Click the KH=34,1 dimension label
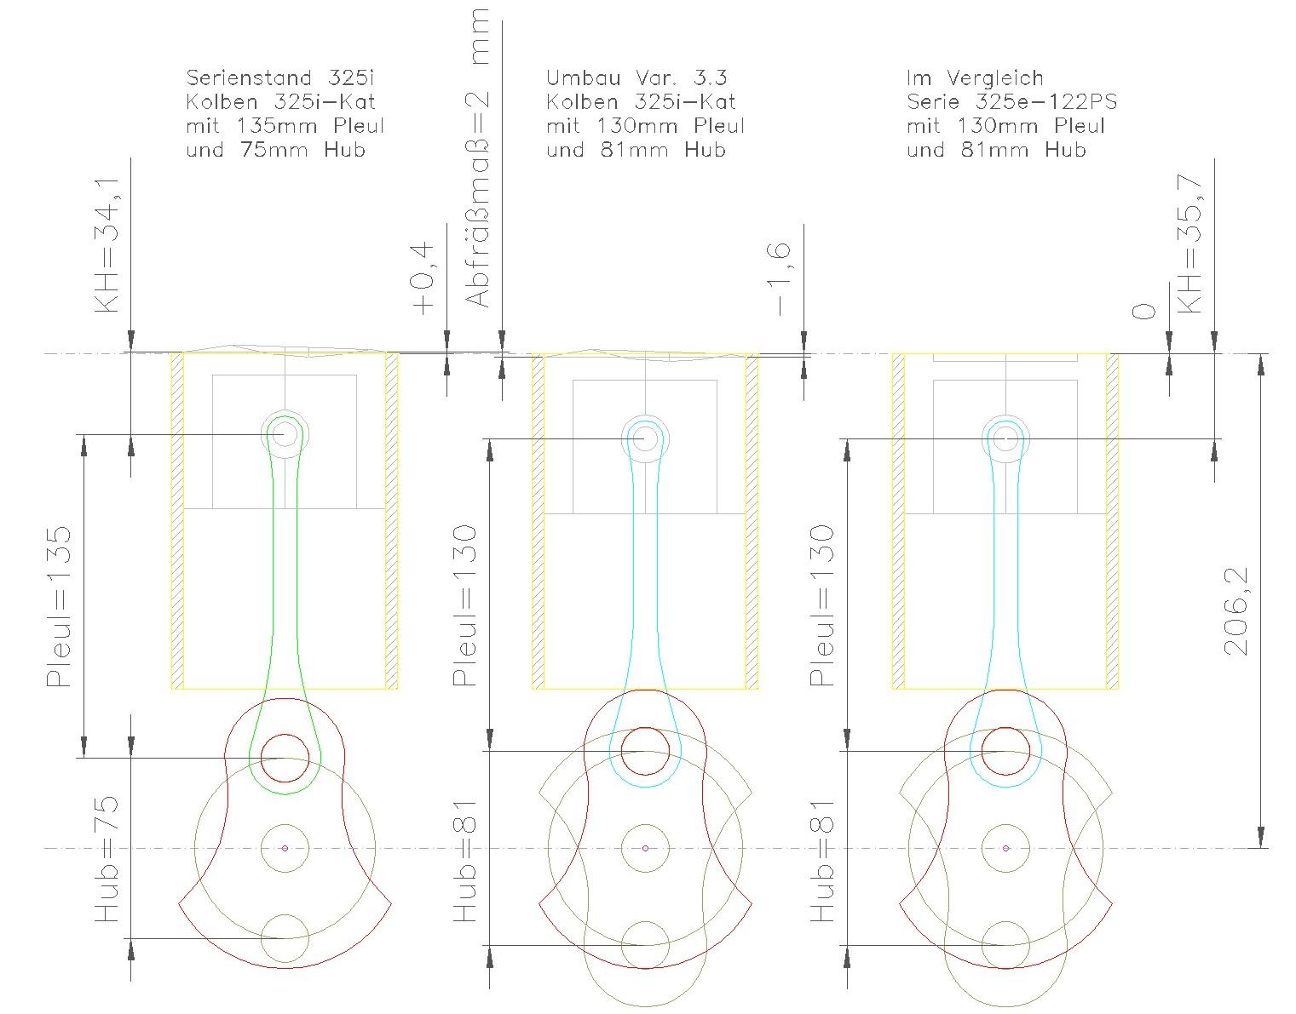[x=107, y=245]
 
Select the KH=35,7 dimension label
[x=1189, y=244]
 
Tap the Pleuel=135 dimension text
[x=59, y=607]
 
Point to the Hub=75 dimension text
[x=107, y=859]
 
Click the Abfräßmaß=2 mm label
[x=477, y=158]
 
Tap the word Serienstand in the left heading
[x=249, y=77]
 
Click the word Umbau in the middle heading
[x=584, y=77]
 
